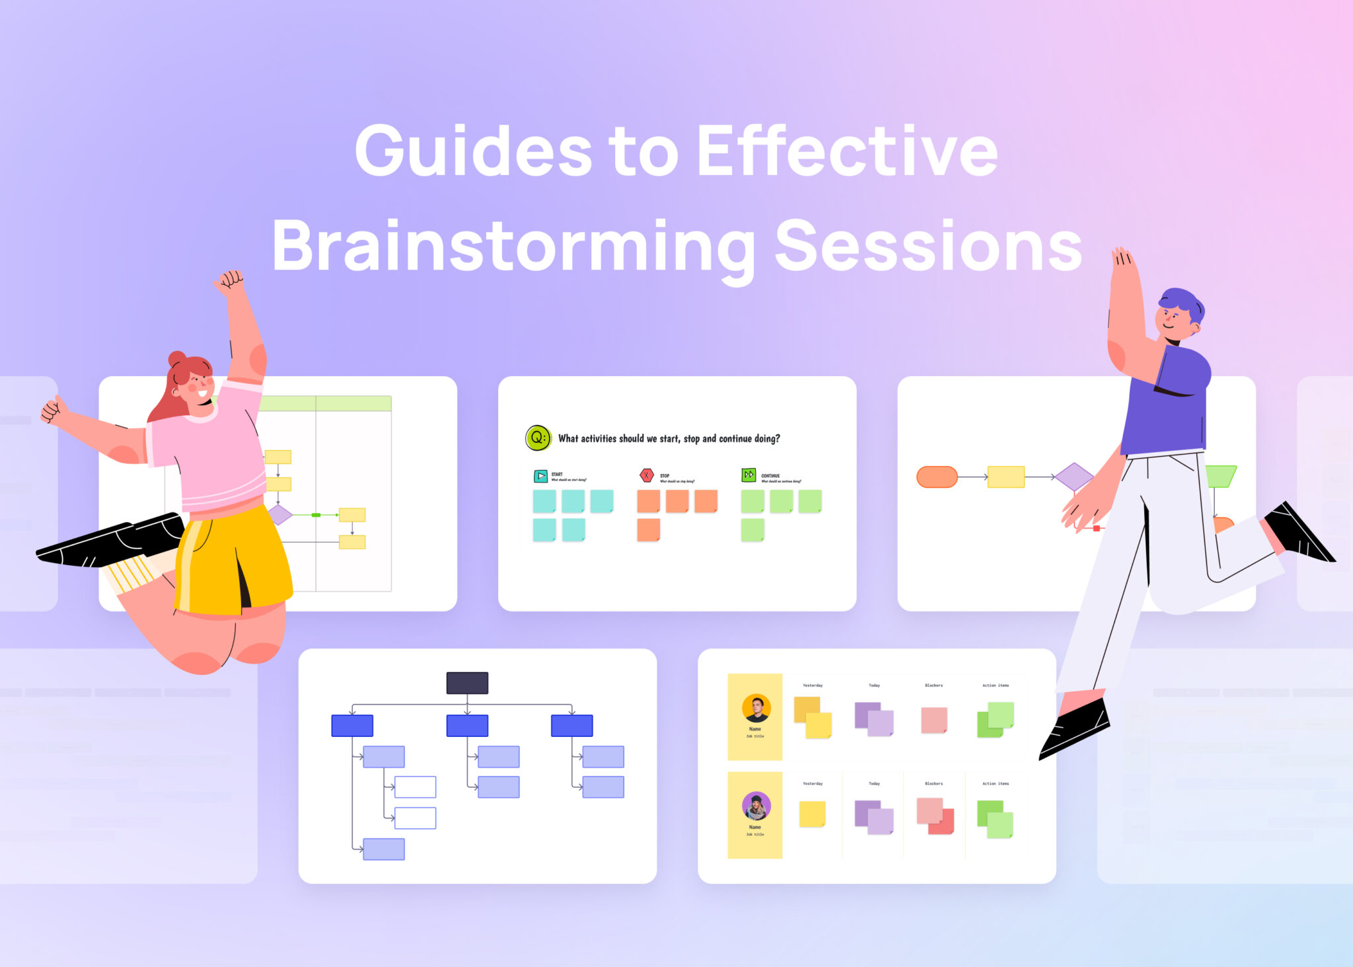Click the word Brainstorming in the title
513,247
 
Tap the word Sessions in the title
928,246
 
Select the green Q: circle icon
538,438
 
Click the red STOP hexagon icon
647,475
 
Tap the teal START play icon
540,476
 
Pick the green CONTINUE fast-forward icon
749,475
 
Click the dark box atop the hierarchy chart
467,683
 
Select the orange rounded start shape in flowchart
937,477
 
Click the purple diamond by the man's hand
1074,477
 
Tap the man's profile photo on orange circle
756,708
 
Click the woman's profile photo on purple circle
756,806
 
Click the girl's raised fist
230,280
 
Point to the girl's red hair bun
177,359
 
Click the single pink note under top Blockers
933,720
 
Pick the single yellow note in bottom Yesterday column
812,814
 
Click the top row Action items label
995,685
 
